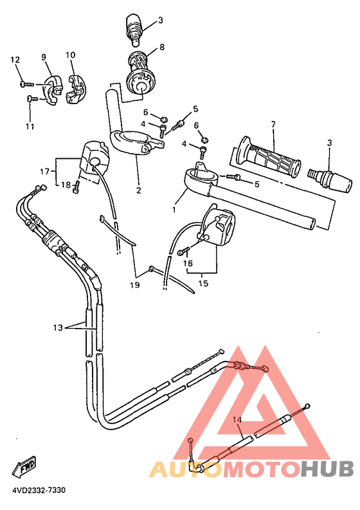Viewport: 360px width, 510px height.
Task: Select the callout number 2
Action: (x=138, y=190)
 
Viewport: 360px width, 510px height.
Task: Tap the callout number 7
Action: (x=273, y=124)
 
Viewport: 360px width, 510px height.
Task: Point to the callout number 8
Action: (x=162, y=47)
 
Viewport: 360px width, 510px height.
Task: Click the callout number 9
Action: (x=45, y=57)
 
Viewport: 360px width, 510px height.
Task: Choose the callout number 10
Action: (x=70, y=55)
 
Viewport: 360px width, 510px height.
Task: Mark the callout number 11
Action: (x=30, y=127)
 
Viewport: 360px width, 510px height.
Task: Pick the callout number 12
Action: (x=15, y=60)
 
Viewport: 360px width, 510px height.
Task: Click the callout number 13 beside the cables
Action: (x=58, y=327)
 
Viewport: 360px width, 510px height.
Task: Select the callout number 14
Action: (x=237, y=419)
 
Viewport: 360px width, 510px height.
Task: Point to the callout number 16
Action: (x=188, y=262)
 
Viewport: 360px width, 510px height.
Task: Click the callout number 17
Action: (x=44, y=171)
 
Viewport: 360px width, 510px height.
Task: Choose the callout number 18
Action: (x=66, y=185)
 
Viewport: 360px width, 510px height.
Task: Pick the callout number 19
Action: (x=134, y=284)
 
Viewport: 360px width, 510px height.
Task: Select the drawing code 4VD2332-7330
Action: (x=39, y=490)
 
